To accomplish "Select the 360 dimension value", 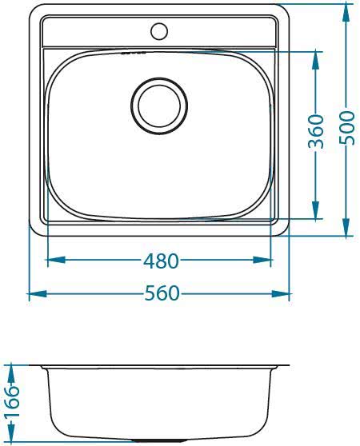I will (x=316, y=131).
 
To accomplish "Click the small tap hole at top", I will (x=158, y=32).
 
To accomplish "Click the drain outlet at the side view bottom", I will (x=159, y=440).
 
